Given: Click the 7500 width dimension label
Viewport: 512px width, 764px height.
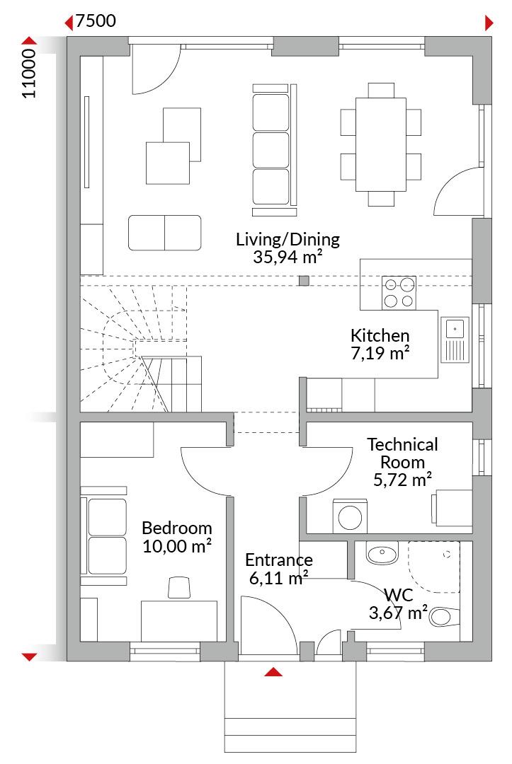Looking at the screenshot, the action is point(96,21).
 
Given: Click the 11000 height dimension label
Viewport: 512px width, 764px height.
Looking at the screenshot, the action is point(29,74).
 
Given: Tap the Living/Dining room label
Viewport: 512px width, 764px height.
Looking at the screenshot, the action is point(288,239).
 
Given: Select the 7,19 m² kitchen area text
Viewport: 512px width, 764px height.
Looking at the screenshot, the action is point(380,353).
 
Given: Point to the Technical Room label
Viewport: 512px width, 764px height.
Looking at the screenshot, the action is point(402,453).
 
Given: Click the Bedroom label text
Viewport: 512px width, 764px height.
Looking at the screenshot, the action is point(176,528).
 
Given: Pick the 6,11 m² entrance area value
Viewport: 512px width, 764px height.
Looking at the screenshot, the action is point(278,579).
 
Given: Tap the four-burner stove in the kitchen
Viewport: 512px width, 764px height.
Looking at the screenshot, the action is point(399,292).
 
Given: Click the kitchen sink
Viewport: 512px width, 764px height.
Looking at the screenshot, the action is point(455,340).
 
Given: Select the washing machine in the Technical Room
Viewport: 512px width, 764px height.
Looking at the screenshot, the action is point(350,516).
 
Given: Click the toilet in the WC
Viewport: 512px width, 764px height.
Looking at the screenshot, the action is point(444,617).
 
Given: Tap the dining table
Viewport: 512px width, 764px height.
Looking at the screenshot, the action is point(381,145).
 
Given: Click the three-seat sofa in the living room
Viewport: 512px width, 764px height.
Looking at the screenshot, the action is point(274,149).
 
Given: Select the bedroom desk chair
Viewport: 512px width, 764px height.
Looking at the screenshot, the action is point(179,587).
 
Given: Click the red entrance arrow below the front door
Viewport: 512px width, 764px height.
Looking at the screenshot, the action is point(273,673).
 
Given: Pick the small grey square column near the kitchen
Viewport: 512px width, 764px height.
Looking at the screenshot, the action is point(304,280).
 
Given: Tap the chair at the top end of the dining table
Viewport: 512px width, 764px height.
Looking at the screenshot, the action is point(381,90).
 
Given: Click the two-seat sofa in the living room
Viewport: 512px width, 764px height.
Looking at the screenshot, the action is point(165,233).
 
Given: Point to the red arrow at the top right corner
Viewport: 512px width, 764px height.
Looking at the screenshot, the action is point(489,23).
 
